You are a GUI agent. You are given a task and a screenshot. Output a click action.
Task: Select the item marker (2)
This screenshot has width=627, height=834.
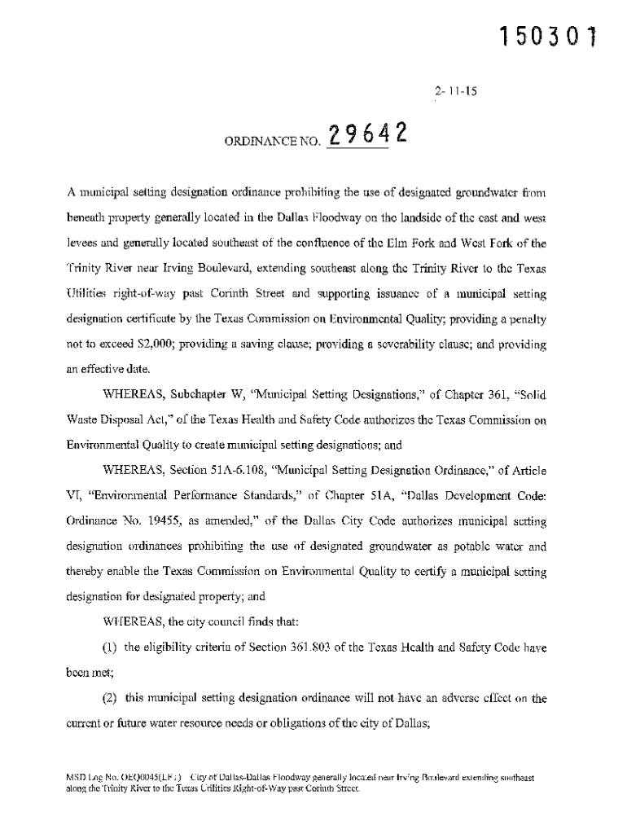(111, 699)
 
